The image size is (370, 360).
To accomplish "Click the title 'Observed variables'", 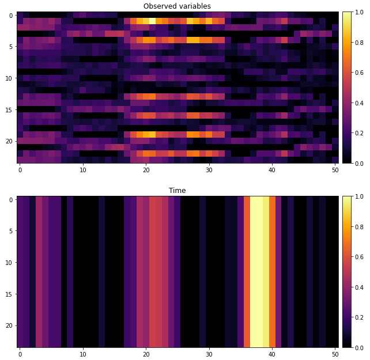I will (177, 6).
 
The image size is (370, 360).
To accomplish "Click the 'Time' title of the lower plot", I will (177, 191).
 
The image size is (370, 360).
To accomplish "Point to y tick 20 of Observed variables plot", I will (11, 140).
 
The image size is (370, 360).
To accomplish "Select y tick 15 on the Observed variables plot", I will (11, 109).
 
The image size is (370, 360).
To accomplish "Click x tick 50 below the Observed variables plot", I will (335, 170).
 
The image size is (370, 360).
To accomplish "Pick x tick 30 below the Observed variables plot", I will (209, 170).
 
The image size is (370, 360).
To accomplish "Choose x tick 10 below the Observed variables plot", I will (83, 170).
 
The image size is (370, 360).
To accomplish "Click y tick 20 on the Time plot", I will (11, 325).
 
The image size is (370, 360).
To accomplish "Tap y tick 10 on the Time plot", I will (11, 263).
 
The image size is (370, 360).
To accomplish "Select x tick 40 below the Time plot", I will (272, 354).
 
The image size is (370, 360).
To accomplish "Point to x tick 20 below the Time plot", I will (146, 354).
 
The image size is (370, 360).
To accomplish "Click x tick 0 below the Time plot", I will (20, 354).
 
